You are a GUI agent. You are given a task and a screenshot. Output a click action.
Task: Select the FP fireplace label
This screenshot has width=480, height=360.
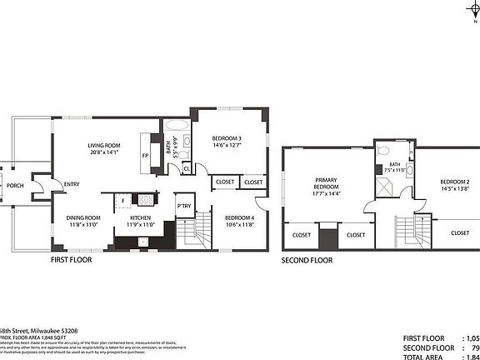point(145,156)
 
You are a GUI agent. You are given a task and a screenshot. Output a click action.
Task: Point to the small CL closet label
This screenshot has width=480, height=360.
point(186,167)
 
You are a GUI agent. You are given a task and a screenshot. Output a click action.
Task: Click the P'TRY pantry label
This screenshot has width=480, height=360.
point(183,206)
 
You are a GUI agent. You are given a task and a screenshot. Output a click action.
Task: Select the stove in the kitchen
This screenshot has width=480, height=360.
point(145,199)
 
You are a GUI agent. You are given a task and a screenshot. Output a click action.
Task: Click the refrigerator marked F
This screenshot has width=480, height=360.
point(122,200)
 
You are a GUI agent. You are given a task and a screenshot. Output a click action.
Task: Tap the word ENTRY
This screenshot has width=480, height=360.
point(72,185)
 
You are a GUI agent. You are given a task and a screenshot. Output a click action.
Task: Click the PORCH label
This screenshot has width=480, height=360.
point(14,186)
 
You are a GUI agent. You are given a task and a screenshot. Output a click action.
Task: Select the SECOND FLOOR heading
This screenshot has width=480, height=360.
point(307,260)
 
